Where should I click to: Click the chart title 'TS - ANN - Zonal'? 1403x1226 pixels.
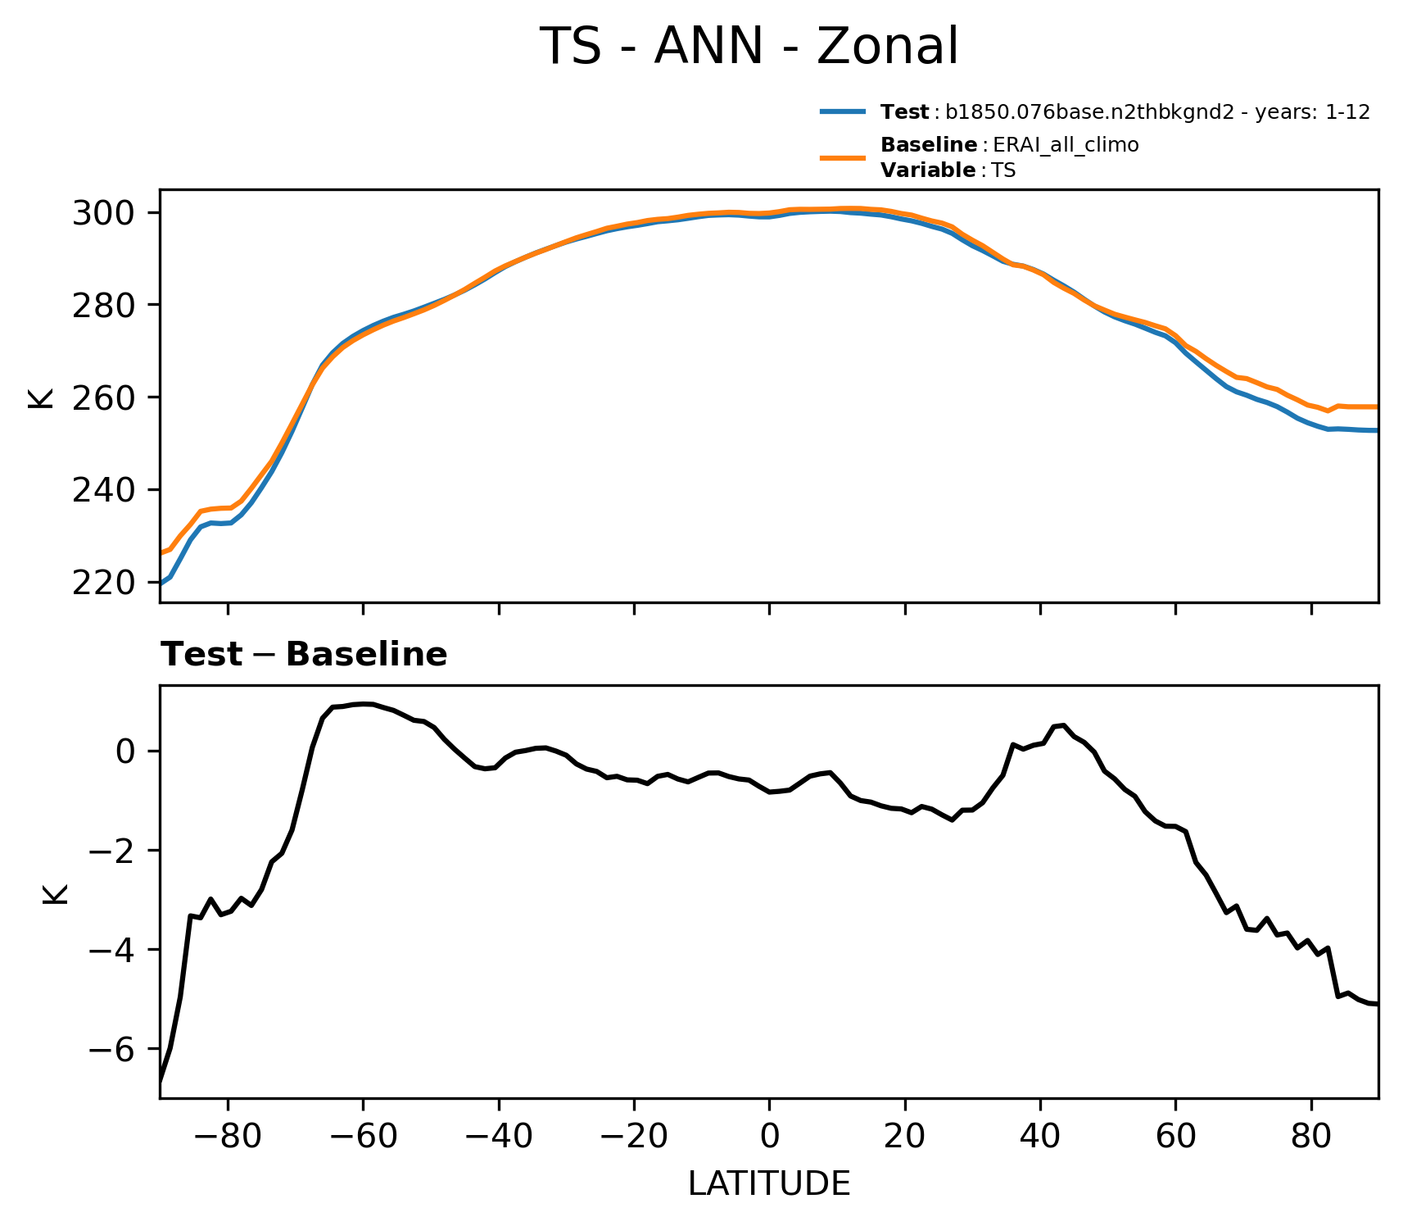click(x=749, y=47)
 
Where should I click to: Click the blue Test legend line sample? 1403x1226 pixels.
click(x=843, y=112)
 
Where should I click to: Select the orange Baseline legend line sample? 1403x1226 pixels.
click(x=843, y=157)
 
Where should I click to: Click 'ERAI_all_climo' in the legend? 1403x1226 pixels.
click(x=1066, y=145)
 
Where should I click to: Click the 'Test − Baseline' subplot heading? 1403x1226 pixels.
click(x=304, y=656)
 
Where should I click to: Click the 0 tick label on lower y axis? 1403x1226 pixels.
click(x=125, y=751)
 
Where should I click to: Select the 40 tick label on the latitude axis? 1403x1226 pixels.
click(x=1040, y=1137)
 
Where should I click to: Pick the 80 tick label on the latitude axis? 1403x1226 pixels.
click(x=1311, y=1137)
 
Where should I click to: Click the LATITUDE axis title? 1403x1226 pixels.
click(x=769, y=1184)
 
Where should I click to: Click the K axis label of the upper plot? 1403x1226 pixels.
click(x=41, y=397)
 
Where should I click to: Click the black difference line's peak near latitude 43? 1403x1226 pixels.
click(x=1062, y=725)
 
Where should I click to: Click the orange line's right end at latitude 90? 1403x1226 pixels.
click(x=1378, y=406)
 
